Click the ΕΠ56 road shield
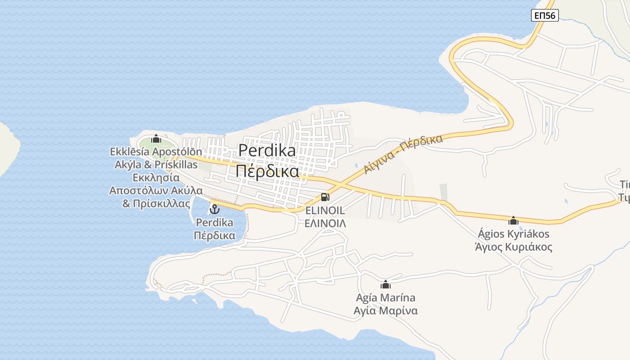pyautogui.click(x=544, y=15)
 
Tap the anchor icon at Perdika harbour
pyautogui.click(x=215, y=209)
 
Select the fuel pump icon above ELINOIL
pyautogui.click(x=325, y=197)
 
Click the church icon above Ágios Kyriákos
pyautogui.click(x=513, y=220)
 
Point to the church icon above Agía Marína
pyautogui.click(x=385, y=284)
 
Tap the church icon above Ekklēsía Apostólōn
pyautogui.click(x=156, y=139)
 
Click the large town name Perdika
pyautogui.click(x=267, y=150)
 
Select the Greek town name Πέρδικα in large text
pyautogui.click(x=267, y=171)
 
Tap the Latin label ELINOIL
pyautogui.click(x=325, y=211)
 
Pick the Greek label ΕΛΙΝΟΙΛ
pyautogui.click(x=325, y=223)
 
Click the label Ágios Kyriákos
pyautogui.click(x=513, y=234)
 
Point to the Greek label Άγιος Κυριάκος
pyautogui.click(x=513, y=247)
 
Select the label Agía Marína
pyautogui.click(x=385, y=298)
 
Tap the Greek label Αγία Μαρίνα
pyautogui.click(x=385, y=311)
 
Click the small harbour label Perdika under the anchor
pyautogui.click(x=215, y=222)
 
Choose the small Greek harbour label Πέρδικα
pyautogui.click(x=215, y=235)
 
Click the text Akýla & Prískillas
pyautogui.click(x=156, y=165)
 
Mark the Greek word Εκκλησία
pyautogui.click(x=156, y=177)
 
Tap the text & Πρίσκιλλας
pyautogui.click(x=156, y=203)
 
